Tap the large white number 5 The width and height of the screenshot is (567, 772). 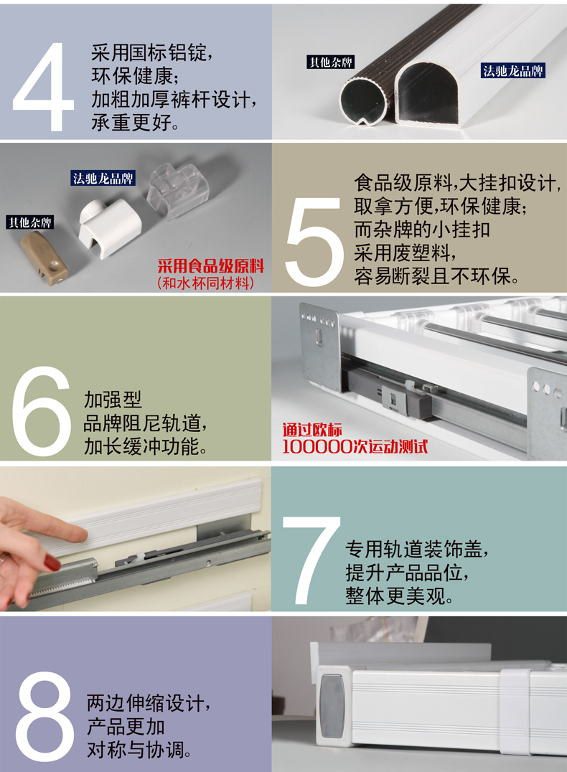[314, 241]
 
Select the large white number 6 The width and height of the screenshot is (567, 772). [42, 411]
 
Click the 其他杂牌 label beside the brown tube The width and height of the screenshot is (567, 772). [331, 62]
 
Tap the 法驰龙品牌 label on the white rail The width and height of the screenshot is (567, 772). [513, 71]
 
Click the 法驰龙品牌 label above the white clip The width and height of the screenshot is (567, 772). [103, 178]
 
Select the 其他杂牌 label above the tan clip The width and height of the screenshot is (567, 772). [30, 222]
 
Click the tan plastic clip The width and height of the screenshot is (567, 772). [44, 257]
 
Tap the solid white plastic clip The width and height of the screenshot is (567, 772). [109, 227]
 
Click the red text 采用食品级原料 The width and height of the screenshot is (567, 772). [211, 266]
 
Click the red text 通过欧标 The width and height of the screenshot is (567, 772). [312, 430]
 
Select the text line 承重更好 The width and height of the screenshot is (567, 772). [135, 123]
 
